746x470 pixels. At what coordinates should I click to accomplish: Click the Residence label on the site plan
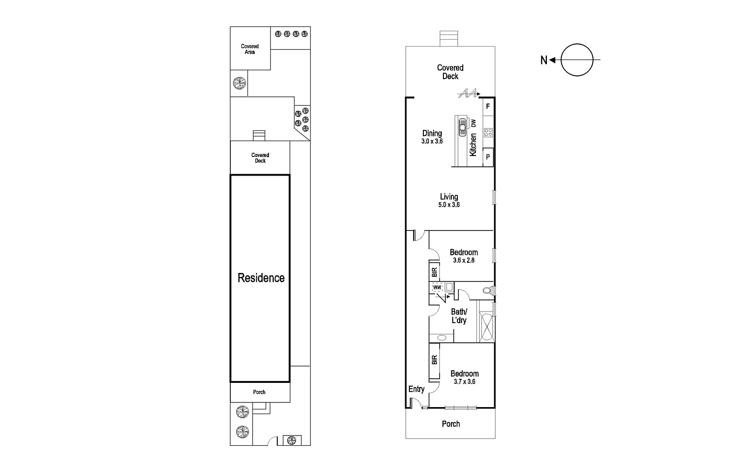point(261,278)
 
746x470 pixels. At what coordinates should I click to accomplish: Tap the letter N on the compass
point(543,60)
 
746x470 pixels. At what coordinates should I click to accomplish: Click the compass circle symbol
point(577,60)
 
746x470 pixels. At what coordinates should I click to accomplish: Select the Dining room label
point(432,134)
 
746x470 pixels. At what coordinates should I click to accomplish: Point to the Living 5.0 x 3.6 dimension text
point(449,205)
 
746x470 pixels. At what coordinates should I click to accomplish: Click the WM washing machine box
point(437,288)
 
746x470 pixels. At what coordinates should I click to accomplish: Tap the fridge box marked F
point(488,107)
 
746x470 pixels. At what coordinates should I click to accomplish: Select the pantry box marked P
point(488,157)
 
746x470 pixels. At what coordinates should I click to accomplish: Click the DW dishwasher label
point(474,123)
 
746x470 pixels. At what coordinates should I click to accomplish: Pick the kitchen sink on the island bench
point(462,126)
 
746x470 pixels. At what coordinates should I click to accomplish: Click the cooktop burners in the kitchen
point(488,133)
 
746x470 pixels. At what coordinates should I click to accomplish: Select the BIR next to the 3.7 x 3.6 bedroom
point(435,360)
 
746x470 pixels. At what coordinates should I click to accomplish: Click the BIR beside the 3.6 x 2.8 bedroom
point(434,272)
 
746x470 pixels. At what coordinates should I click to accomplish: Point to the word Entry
point(416,389)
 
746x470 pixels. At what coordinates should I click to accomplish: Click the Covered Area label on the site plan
point(250,49)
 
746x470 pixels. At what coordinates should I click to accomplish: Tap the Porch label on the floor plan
point(450,424)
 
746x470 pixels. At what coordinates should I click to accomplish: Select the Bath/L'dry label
point(459,316)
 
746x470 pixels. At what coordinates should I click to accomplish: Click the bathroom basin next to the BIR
point(442,338)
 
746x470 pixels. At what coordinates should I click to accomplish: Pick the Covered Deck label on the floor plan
point(450,72)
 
